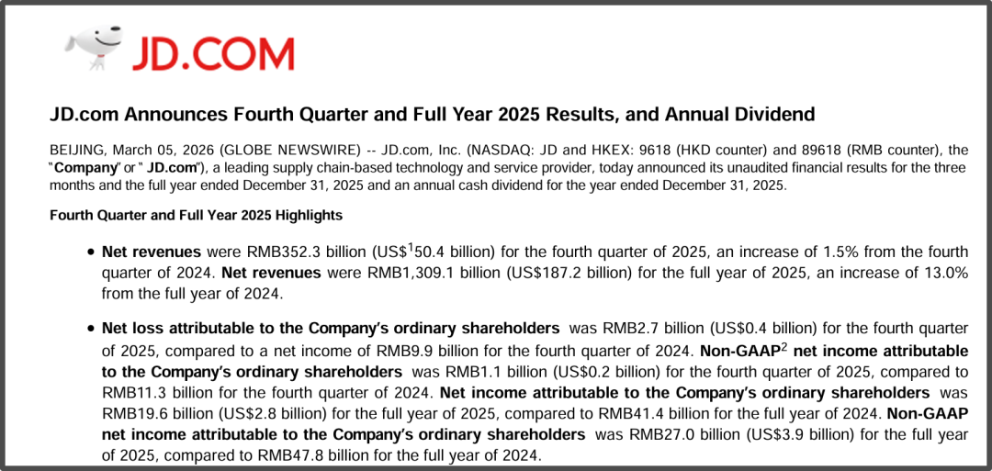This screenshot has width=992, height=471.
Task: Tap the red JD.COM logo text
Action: tap(212, 53)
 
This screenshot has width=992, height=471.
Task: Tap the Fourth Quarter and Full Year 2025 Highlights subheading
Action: tap(196, 216)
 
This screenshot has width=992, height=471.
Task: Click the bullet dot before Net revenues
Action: tap(90, 252)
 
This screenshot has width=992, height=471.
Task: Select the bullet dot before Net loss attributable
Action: tap(90, 328)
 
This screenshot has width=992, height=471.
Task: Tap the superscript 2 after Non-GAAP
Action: tap(784, 347)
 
